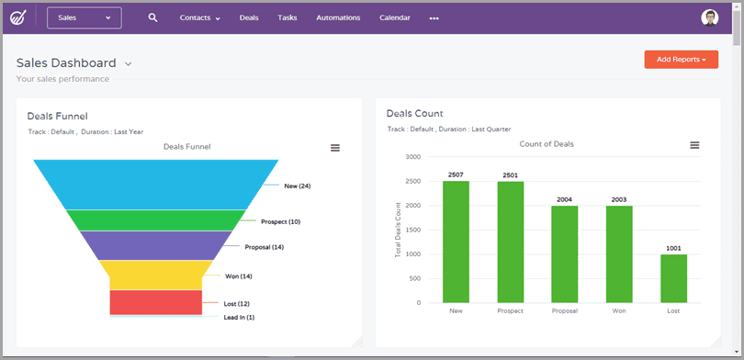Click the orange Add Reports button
point(681,60)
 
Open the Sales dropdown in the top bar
point(84,17)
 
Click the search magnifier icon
point(153,17)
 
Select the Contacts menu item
point(199,17)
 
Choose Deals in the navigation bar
point(249,17)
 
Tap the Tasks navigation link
point(287,17)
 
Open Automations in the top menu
point(338,17)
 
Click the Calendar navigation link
point(395,17)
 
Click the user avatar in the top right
point(709,17)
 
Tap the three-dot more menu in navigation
point(434,18)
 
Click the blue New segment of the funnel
point(155,184)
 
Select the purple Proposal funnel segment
point(155,244)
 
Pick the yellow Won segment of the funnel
point(155,275)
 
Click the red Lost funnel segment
point(155,302)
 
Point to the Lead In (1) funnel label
point(239,318)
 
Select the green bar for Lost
point(674,278)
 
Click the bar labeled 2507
point(456,242)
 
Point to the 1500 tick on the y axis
point(412,230)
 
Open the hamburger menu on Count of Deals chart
point(694,145)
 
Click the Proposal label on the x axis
point(564,311)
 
